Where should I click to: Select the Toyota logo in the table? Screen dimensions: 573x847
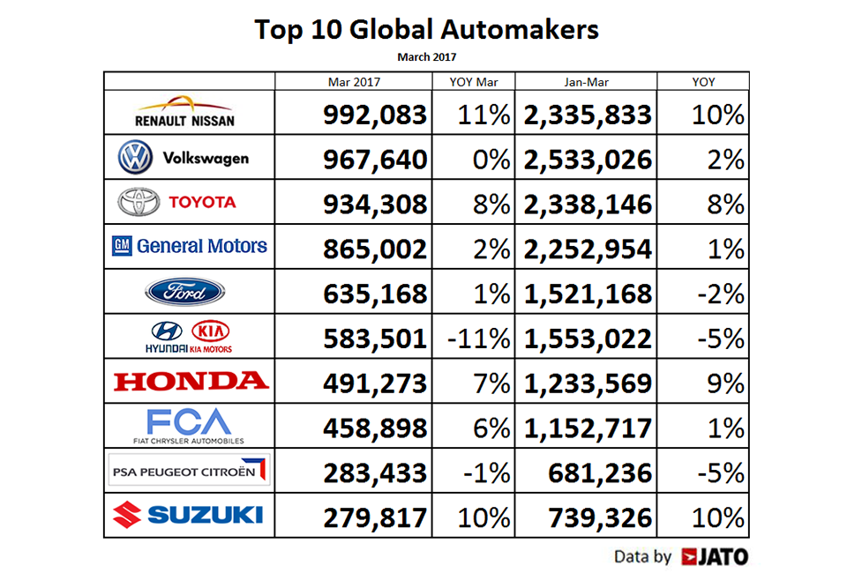(x=189, y=203)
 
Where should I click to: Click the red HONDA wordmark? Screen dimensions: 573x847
(x=190, y=381)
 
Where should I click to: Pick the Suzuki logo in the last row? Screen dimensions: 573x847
(x=189, y=515)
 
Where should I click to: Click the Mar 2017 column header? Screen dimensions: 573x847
(x=353, y=82)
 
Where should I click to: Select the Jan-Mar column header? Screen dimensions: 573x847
(x=586, y=82)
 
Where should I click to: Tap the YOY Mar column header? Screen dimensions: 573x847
(x=474, y=82)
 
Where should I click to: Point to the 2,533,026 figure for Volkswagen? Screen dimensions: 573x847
(x=588, y=160)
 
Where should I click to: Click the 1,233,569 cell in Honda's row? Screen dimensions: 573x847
(x=588, y=383)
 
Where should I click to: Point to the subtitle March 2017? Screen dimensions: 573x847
(x=427, y=57)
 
